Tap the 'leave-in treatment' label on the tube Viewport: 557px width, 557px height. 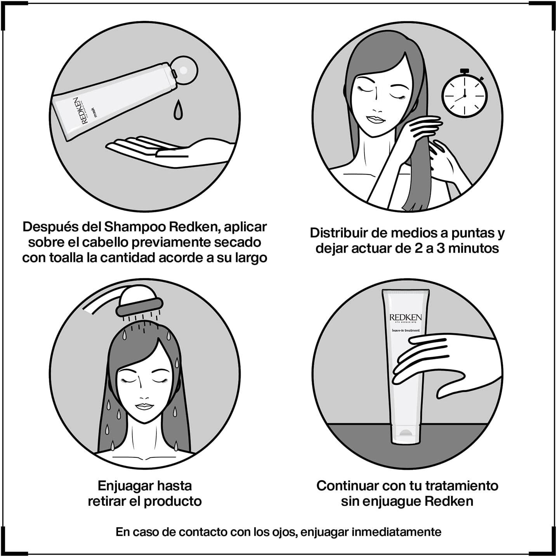406,330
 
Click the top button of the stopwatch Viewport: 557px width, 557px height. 464,71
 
